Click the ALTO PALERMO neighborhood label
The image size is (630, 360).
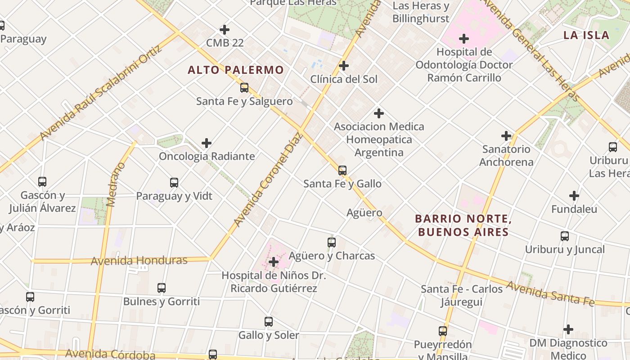click(235, 70)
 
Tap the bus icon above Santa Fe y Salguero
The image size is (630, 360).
click(244, 88)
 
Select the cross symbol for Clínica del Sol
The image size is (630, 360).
click(344, 66)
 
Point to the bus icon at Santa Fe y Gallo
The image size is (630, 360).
click(342, 170)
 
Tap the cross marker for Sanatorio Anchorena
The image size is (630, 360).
click(506, 135)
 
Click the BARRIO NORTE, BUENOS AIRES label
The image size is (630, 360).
click(463, 225)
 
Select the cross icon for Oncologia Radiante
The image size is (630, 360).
click(207, 143)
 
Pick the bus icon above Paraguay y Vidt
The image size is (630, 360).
click(174, 183)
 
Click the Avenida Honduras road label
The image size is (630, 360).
click(139, 261)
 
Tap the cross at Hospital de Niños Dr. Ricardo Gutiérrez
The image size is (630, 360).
click(273, 262)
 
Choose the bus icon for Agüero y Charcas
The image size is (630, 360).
click(332, 243)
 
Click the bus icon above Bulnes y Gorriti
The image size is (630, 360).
click(162, 288)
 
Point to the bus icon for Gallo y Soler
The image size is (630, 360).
click(269, 322)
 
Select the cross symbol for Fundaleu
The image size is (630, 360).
click(574, 196)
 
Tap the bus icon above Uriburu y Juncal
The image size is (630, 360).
click(565, 236)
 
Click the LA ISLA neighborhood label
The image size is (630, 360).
click(586, 35)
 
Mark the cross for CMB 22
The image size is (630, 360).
click(225, 30)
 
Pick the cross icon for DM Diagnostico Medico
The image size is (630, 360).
click(568, 329)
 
